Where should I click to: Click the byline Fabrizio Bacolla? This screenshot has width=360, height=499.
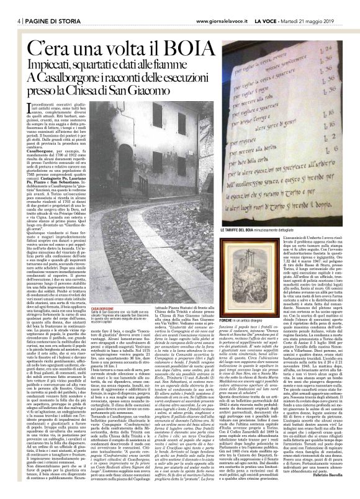click(338, 490)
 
